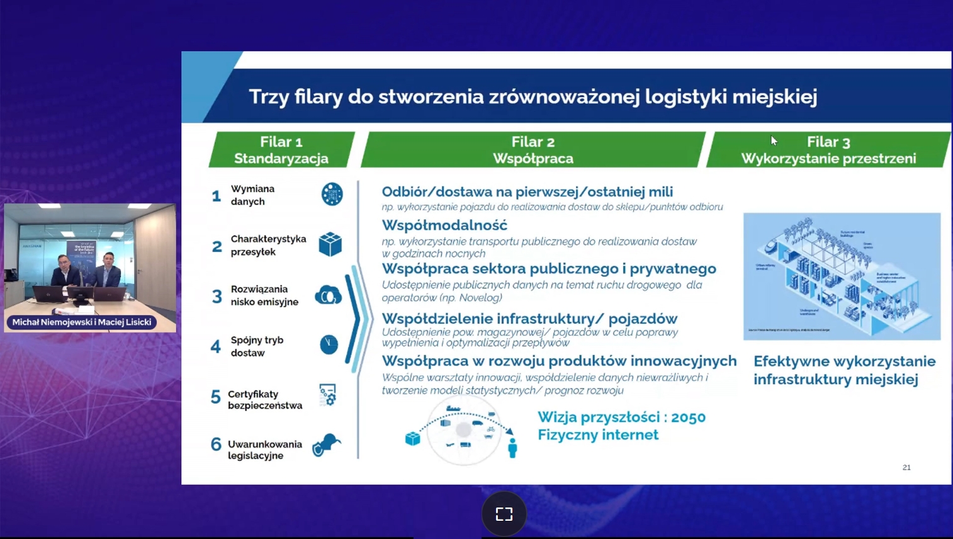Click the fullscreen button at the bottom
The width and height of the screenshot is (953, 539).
point(504,514)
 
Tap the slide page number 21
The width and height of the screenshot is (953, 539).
point(906,467)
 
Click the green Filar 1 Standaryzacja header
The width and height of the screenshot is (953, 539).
point(281,150)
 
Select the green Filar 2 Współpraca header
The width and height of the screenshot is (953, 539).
point(533,150)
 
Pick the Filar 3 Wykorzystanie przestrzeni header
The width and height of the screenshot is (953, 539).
point(828,150)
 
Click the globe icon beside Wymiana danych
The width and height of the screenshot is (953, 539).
point(332,195)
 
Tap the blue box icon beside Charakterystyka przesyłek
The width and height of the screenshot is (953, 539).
point(330,244)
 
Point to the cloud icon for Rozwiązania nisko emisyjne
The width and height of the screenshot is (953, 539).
point(328,295)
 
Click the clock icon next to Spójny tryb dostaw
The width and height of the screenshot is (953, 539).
point(329,344)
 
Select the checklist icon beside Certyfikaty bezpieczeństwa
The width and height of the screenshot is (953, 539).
point(327,395)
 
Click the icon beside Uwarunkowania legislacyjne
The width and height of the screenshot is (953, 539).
point(326,445)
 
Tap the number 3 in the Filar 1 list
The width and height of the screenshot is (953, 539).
point(217,297)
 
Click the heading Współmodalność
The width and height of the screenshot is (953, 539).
point(444,225)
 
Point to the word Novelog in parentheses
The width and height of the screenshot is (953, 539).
point(480,298)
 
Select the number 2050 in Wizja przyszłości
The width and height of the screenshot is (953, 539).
point(688,417)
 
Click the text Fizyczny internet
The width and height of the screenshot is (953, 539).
point(597,435)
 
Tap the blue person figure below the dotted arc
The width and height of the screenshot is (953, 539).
point(512,448)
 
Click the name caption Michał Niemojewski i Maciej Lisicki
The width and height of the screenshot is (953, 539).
point(82,322)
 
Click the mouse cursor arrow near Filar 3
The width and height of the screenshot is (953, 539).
point(774,141)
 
